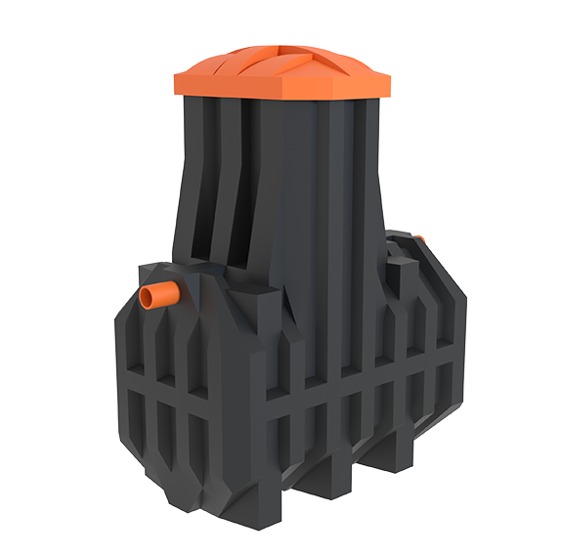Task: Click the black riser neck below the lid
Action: pyautogui.click(x=293, y=195)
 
